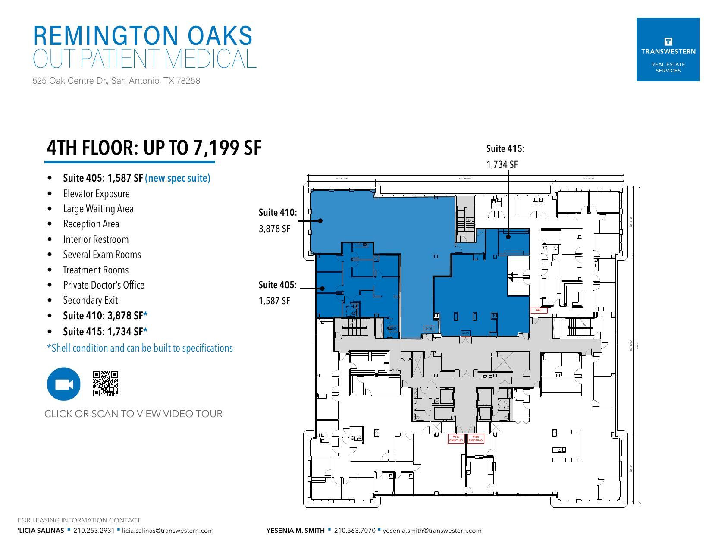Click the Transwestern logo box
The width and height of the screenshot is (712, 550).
pyautogui.click(x=668, y=49)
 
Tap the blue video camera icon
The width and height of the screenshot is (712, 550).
pyautogui.click(x=63, y=384)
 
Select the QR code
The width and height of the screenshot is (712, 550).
pyautogui.click(x=106, y=384)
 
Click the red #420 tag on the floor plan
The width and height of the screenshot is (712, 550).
pyautogui.click(x=539, y=310)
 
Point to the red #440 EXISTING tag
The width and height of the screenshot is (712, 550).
pyautogui.click(x=456, y=439)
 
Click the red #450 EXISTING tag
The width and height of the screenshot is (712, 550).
pyautogui.click(x=476, y=439)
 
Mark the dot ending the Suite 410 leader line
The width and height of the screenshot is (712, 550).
pyautogui.click(x=320, y=220)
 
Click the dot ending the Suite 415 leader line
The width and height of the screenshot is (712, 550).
pyautogui.click(x=508, y=236)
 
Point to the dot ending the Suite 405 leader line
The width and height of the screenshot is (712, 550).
pyautogui.click(x=322, y=288)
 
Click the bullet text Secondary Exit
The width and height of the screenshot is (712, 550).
pyautogui.click(x=90, y=300)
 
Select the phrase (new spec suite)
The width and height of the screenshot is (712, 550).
pyautogui.click(x=178, y=178)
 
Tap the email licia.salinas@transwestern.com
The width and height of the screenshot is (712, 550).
pyautogui.click(x=168, y=531)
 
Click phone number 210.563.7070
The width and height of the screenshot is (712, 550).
pyautogui.click(x=354, y=531)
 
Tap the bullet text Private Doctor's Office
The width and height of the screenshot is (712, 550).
pyautogui.click(x=104, y=285)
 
